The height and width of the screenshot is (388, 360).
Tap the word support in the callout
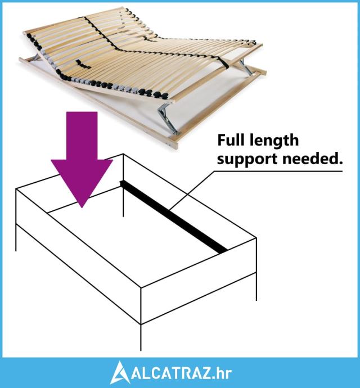247,159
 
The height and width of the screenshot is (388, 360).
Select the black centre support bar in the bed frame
173,217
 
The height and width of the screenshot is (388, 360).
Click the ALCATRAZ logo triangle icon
120,373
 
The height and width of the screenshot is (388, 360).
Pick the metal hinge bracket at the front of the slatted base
168,118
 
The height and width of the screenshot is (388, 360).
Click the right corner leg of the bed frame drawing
256,287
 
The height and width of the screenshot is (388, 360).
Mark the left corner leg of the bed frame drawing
16,237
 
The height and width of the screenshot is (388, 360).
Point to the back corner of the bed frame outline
123,154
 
